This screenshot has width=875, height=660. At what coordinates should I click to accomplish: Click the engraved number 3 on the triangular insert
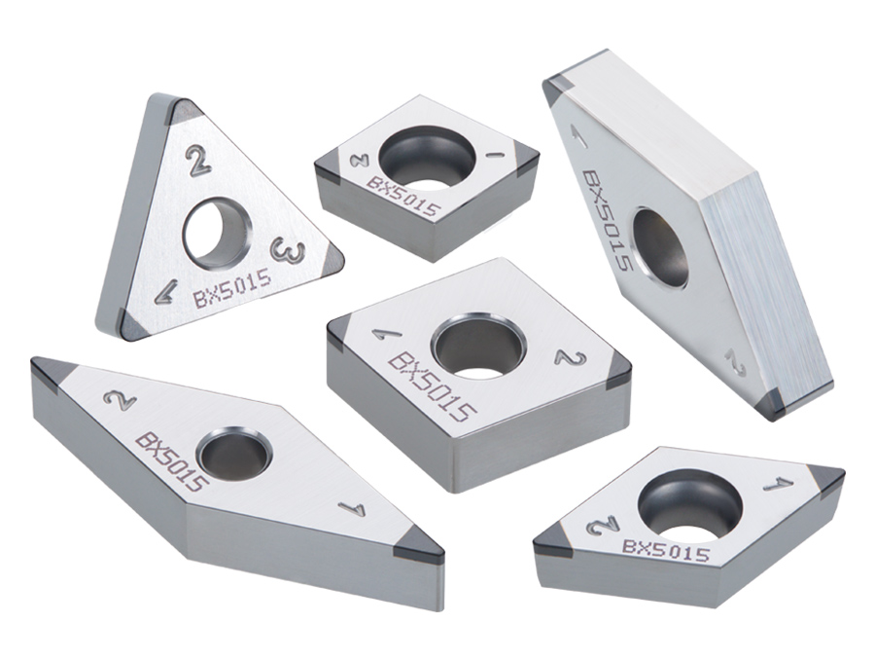click(x=287, y=250)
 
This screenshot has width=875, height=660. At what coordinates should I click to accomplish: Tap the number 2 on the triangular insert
click(x=199, y=161)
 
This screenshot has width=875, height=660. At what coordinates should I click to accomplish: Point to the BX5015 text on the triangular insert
click(x=232, y=288)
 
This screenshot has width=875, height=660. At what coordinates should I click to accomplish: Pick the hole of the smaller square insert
click(x=428, y=156)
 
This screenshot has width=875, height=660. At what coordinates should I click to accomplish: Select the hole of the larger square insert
click(x=479, y=346)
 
